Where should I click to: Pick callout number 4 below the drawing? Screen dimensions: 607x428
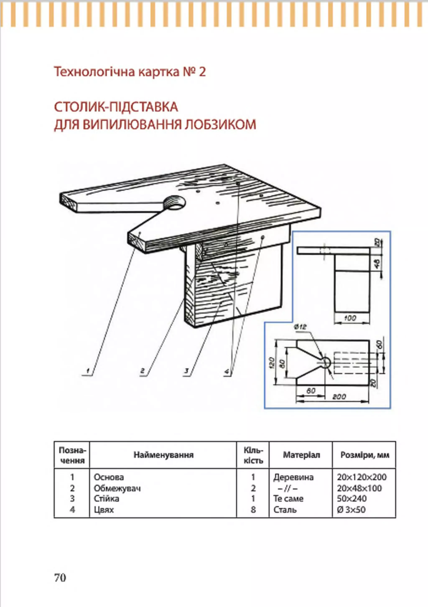[227, 371]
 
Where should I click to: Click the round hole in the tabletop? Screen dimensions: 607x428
[175, 203]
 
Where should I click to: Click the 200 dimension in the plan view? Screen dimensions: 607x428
[339, 397]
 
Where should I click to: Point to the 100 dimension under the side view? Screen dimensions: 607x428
[350, 318]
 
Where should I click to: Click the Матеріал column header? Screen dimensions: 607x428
[301, 455]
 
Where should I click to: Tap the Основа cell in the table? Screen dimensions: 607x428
[109, 477]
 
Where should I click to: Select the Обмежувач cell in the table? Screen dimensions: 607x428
[117, 488]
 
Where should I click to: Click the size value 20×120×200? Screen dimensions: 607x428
[361, 477]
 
